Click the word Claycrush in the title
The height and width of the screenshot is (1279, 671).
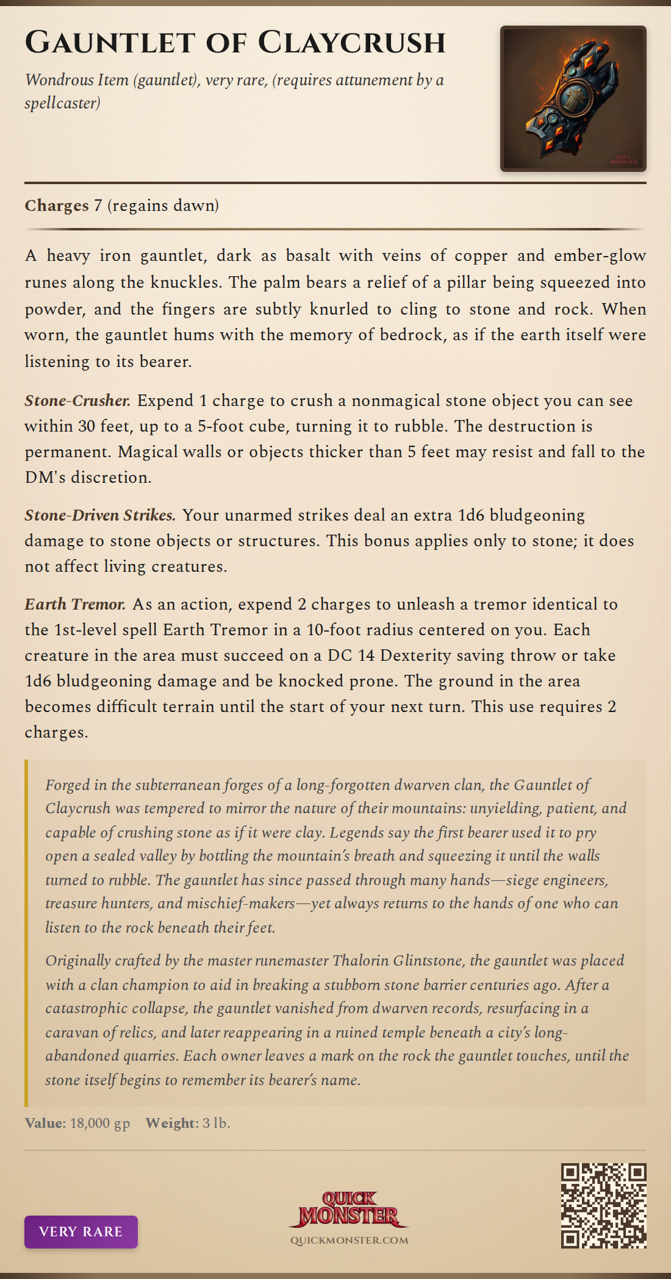pos(351,43)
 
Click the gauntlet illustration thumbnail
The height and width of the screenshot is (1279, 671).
pos(573,99)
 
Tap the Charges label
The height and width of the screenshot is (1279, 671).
pos(57,205)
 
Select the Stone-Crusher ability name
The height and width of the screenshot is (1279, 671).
pos(77,401)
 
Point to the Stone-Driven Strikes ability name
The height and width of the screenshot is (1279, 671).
pos(100,515)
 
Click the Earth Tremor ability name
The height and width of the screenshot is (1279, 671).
pos(75,604)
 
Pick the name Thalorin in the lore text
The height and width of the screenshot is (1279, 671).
pos(361,961)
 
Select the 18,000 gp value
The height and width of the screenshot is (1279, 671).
pos(100,1123)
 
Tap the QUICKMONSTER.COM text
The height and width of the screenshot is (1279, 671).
pos(349,1240)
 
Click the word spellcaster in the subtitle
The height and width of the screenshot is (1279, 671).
pos(62,103)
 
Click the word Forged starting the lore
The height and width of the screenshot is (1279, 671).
pos(67,785)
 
